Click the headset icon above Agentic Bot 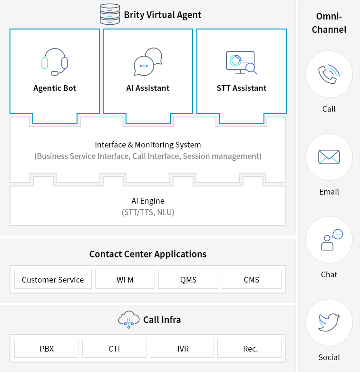point(55,62)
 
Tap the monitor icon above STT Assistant point(241,62)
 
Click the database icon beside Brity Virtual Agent point(110,14)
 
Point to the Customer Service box point(53,279)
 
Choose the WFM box point(125,279)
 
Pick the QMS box point(188,279)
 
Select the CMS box point(252,279)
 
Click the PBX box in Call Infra point(47,348)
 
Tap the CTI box point(114,348)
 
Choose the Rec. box point(250,348)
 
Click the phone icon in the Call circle point(329,74)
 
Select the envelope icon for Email point(329,157)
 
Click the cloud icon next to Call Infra point(128,320)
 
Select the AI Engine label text point(148,201)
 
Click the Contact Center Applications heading point(148,254)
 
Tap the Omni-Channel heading point(329,23)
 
